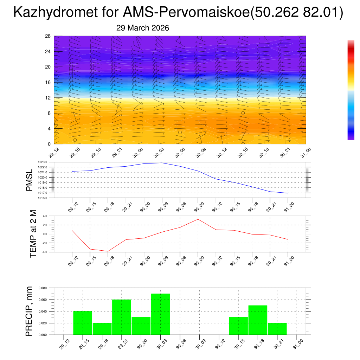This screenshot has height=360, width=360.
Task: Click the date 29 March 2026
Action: pyautogui.click(x=142, y=28)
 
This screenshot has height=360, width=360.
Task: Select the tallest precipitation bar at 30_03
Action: pyautogui.click(x=161, y=314)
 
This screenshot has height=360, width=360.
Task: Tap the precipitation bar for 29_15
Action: pyautogui.click(x=83, y=323)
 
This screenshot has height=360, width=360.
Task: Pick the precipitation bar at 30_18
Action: pyautogui.click(x=258, y=320)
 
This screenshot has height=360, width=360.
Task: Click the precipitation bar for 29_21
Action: pyautogui.click(x=122, y=317)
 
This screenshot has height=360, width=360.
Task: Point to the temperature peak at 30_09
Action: pyautogui.click(x=198, y=219)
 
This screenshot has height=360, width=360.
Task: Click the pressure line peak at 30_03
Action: pyautogui.click(x=162, y=163)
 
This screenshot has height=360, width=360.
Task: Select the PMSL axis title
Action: pyautogui.click(x=29, y=180)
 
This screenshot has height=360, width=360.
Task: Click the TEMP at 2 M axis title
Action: pyautogui.click(x=33, y=233)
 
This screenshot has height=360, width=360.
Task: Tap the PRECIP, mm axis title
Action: pyautogui.click(x=29, y=311)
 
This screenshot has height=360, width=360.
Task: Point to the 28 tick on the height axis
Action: pyautogui.click(x=48, y=36)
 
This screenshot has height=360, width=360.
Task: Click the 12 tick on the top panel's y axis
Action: pyautogui.click(x=48, y=98)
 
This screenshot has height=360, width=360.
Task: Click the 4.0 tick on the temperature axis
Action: pyautogui.click(x=45, y=216)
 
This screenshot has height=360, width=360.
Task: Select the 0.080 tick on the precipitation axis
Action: pyautogui.click(x=43, y=288)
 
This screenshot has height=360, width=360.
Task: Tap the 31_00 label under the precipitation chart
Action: pyautogui.click(x=298, y=343)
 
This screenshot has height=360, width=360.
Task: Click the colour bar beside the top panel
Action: pyautogui.click(x=351, y=90)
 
